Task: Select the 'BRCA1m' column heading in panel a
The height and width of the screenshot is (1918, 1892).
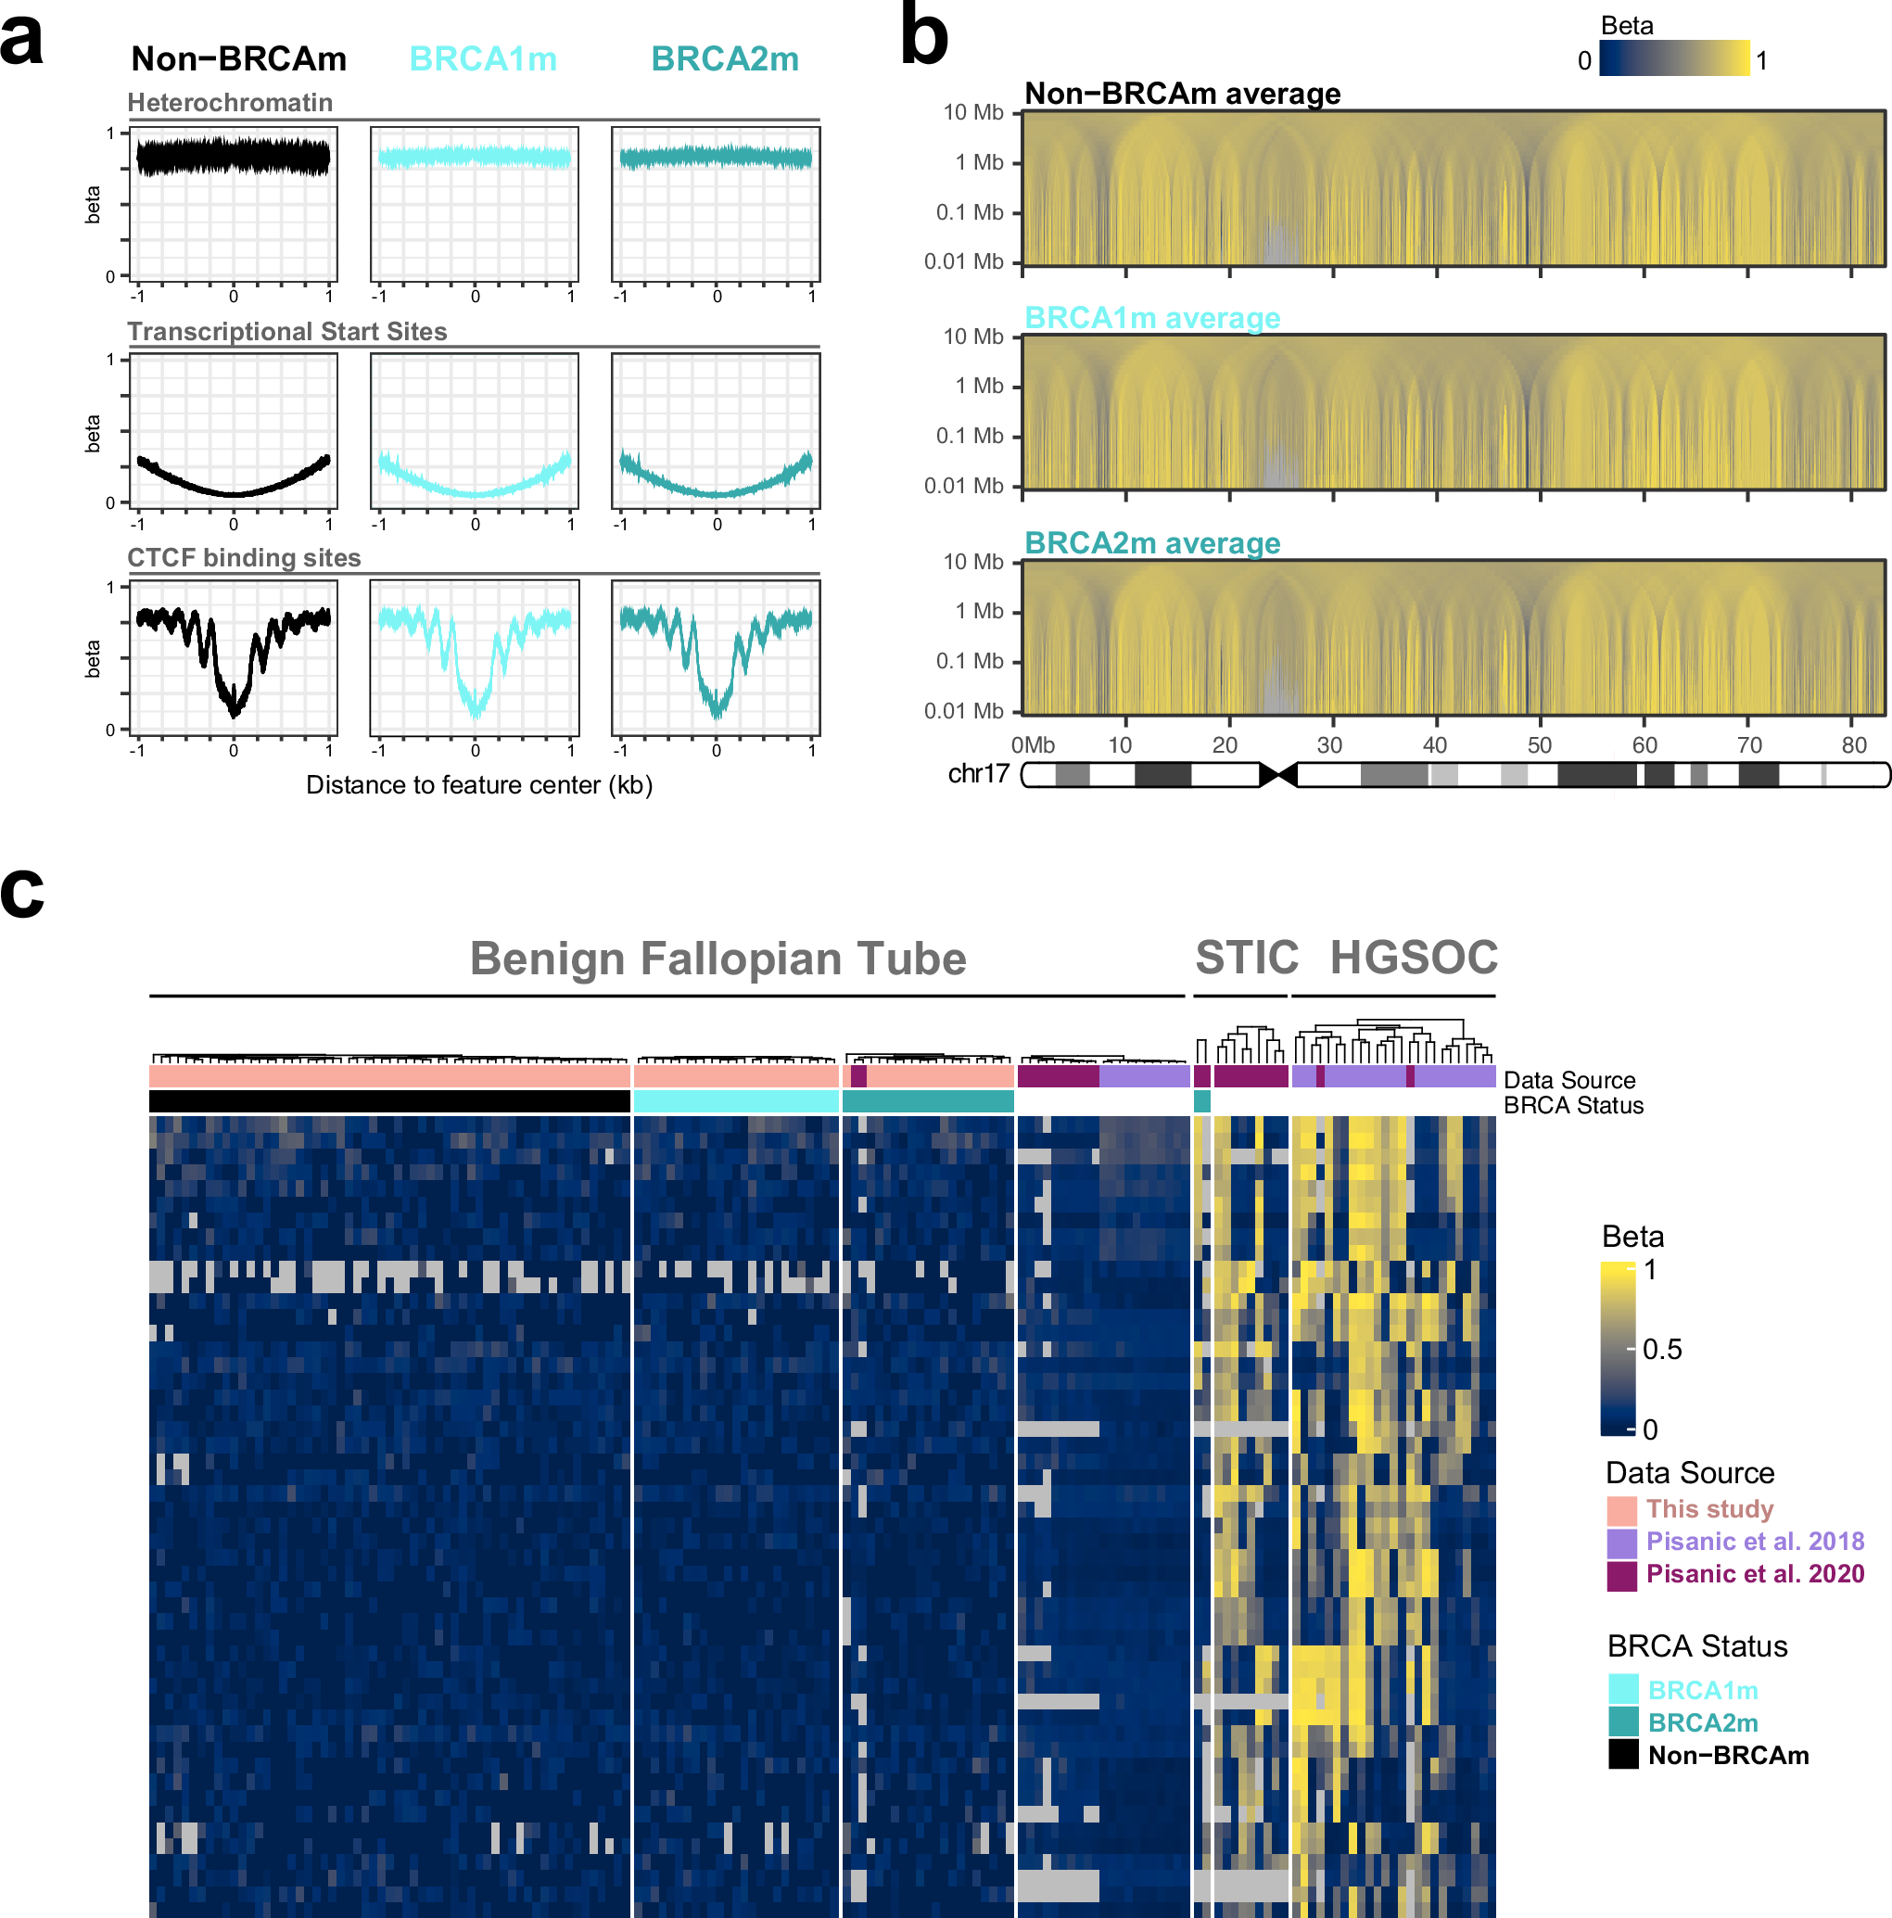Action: pos(482,59)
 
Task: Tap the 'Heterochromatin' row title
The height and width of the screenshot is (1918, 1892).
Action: pos(229,103)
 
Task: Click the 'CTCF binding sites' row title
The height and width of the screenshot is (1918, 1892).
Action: pos(243,558)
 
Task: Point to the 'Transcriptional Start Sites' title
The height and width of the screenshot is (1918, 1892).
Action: pos(286,332)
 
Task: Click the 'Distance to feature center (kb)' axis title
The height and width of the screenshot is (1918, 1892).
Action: pos(478,785)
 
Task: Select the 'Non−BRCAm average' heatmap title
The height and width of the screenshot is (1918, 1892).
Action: pos(1181,95)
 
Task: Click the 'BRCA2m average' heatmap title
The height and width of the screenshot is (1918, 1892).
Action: pos(1151,543)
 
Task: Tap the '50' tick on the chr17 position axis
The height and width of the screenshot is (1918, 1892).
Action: pos(1539,745)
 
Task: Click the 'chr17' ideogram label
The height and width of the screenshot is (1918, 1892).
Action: pos(978,774)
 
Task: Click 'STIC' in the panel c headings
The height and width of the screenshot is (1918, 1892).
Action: pos(1246,958)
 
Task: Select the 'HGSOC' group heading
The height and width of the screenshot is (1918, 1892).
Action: pos(1413,958)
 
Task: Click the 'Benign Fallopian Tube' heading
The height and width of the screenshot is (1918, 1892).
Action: pos(717,959)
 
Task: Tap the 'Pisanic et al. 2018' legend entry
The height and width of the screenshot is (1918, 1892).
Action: pos(1754,1542)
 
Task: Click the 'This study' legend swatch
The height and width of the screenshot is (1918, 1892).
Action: pos(1621,1510)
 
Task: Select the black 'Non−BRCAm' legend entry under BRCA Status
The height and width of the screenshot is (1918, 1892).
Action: pos(1727,1756)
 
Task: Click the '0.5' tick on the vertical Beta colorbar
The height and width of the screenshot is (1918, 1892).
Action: pos(1662,1350)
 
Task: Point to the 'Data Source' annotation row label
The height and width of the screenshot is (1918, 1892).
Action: pos(1568,1080)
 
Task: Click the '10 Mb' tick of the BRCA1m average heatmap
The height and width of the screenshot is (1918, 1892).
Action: pos(972,337)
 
